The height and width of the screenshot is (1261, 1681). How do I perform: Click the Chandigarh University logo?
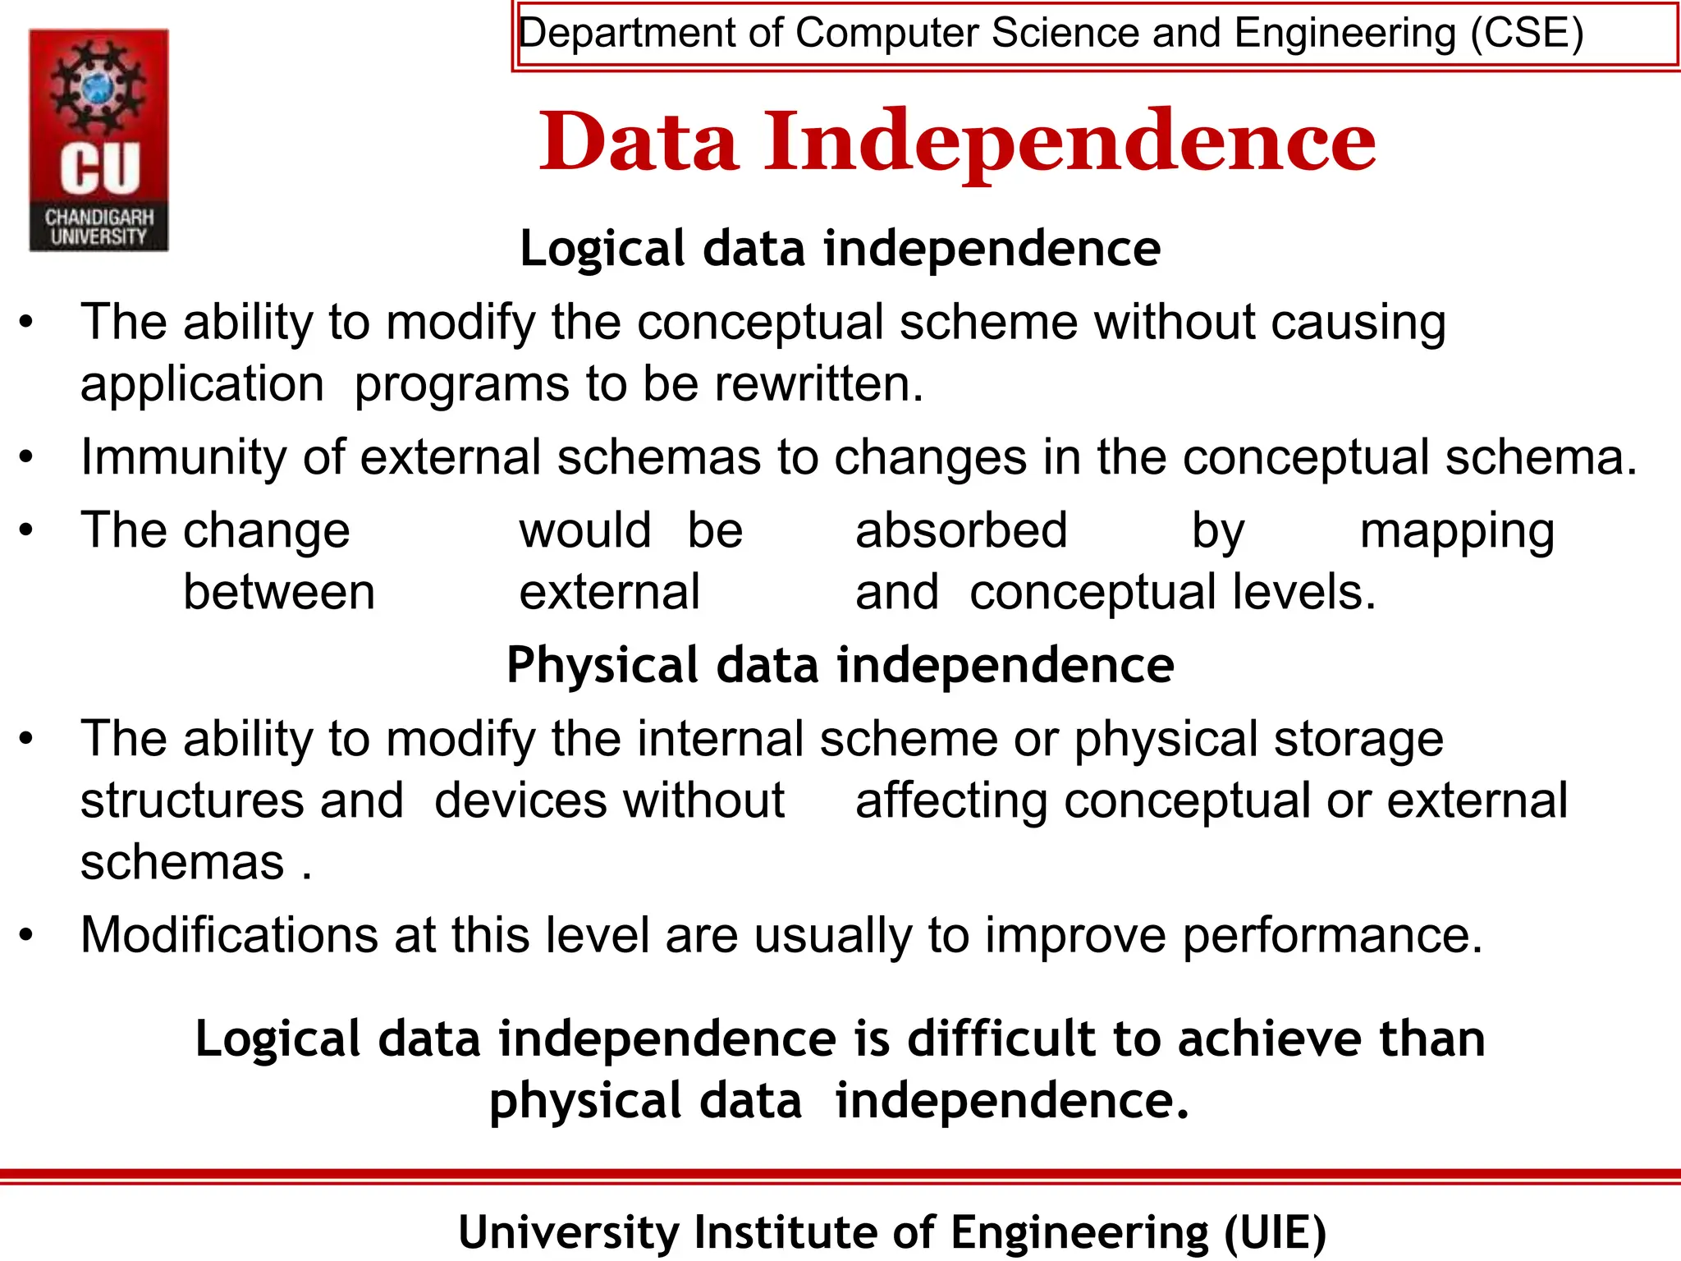coord(98,140)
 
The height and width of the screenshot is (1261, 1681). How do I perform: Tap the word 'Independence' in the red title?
coord(1070,144)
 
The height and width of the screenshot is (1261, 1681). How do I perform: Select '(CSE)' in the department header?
coord(1526,34)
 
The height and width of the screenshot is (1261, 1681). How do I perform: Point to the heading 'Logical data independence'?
coord(840,249)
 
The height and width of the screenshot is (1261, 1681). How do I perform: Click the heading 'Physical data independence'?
coord(840,665)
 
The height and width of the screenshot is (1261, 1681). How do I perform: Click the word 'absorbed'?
coord(961,530)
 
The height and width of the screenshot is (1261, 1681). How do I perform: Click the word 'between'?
coord(279,593)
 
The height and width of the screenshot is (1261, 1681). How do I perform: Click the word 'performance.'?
coord(1332,936)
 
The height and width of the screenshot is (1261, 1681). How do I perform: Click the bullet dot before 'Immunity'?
coord(26,457)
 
